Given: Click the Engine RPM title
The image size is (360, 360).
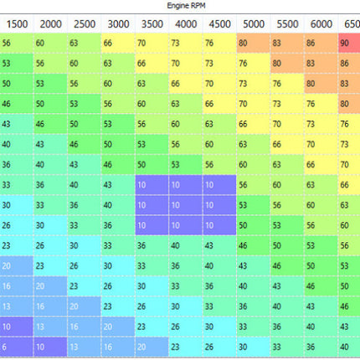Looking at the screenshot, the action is tap(186, 6).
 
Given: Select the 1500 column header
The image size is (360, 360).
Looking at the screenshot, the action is tap(17, 24).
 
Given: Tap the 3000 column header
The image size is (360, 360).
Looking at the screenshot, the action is tap(118, 24).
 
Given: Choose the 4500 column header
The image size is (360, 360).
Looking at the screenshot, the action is tap(219, 24).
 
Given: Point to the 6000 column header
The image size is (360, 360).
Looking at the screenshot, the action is tap(321, 24).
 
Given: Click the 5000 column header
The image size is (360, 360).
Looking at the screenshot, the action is tap(254, 24).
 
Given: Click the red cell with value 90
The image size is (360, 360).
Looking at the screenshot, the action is tap(349, 43).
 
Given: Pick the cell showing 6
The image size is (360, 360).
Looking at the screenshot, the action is tap(17, 347).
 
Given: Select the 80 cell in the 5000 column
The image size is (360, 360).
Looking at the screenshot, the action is tap(254, 43).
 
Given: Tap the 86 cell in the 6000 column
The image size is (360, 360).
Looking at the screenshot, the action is tap(321, 43).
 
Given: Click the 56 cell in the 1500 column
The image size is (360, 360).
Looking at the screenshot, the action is tap(17, 43).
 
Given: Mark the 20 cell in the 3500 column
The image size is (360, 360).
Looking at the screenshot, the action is tap(152, 347).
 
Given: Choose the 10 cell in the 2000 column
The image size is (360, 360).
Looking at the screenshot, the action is tap(50, 347).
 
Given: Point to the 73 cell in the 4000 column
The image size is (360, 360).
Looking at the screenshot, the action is tap(186, 43).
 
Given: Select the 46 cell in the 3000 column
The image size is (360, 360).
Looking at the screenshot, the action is tap(118, 165).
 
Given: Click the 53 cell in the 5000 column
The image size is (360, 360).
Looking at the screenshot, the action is tap(254, 205).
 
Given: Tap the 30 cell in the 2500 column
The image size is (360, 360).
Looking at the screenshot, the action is tap(85, 245).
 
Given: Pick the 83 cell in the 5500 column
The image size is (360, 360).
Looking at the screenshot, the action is tap(287, 43).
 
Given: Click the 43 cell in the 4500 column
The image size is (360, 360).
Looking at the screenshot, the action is tap(219, 245).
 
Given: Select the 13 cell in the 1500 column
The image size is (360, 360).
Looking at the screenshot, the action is tap(17, 306).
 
